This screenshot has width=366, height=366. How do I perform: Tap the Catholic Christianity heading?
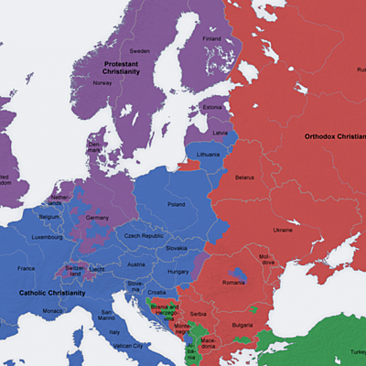(51, 294)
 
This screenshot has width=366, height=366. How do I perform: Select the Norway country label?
(102, 82)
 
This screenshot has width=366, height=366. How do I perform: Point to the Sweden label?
(139, 51)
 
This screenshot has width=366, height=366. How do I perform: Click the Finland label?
(211, 39)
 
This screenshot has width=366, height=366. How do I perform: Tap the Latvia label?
(220, 133)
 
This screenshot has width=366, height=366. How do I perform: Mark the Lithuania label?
(209, 156)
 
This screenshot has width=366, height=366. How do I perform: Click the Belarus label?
(244, 177)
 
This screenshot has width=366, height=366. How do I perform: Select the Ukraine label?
(284, 230)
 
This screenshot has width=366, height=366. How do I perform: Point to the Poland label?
(176, 205)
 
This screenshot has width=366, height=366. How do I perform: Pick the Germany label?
(97, 218)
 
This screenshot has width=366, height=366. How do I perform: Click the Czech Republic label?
(145, 237)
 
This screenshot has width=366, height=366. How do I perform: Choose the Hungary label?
(178, 272)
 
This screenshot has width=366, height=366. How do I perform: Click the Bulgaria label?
(243, 325)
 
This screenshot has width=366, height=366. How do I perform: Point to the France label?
(27, 268)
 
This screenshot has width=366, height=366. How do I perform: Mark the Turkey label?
(354, 353)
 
